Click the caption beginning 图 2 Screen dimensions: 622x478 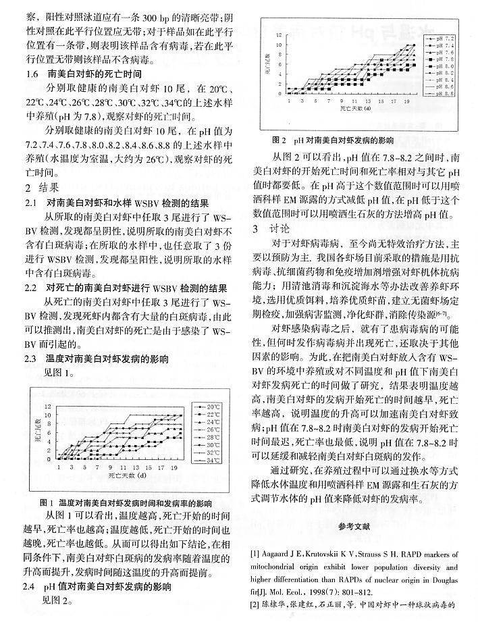point(332,142)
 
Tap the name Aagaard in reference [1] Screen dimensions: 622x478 point(280,536)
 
